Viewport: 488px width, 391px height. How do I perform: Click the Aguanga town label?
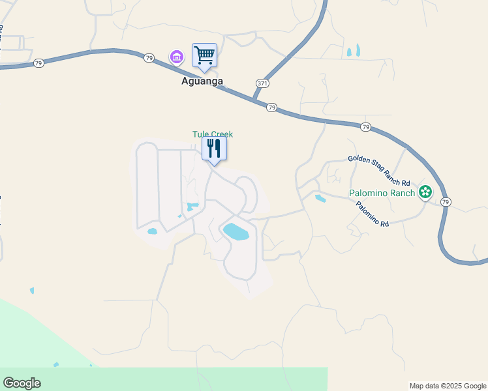(202, 81)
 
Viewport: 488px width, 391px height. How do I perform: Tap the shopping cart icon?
(204, 55)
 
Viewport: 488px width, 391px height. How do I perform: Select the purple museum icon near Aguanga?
(176, 57)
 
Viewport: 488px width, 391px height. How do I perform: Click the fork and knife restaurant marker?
(213, 148)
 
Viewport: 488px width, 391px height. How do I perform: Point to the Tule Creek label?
(213, 134)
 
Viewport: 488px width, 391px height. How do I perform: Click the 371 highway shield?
(262, 83)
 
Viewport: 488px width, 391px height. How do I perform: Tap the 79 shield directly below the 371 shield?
(272, 108)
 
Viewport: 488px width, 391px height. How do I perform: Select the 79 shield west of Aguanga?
(149, 58)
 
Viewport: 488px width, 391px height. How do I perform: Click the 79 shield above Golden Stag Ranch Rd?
(365, 126)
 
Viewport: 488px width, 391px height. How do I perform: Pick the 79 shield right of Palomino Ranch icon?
(446, 202)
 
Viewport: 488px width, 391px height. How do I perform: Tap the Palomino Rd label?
(372, 214)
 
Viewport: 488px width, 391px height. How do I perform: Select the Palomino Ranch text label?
(382, 193)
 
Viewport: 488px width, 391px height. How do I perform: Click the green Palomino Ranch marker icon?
(425, 192)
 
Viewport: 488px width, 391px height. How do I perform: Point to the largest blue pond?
(236, 231)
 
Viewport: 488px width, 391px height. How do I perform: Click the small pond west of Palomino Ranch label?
(320, 198)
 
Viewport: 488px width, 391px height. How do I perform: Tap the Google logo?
(22, 383)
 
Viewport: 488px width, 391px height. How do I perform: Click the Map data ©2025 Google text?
(448, 386)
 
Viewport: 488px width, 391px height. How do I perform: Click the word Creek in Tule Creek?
(222, 134)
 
